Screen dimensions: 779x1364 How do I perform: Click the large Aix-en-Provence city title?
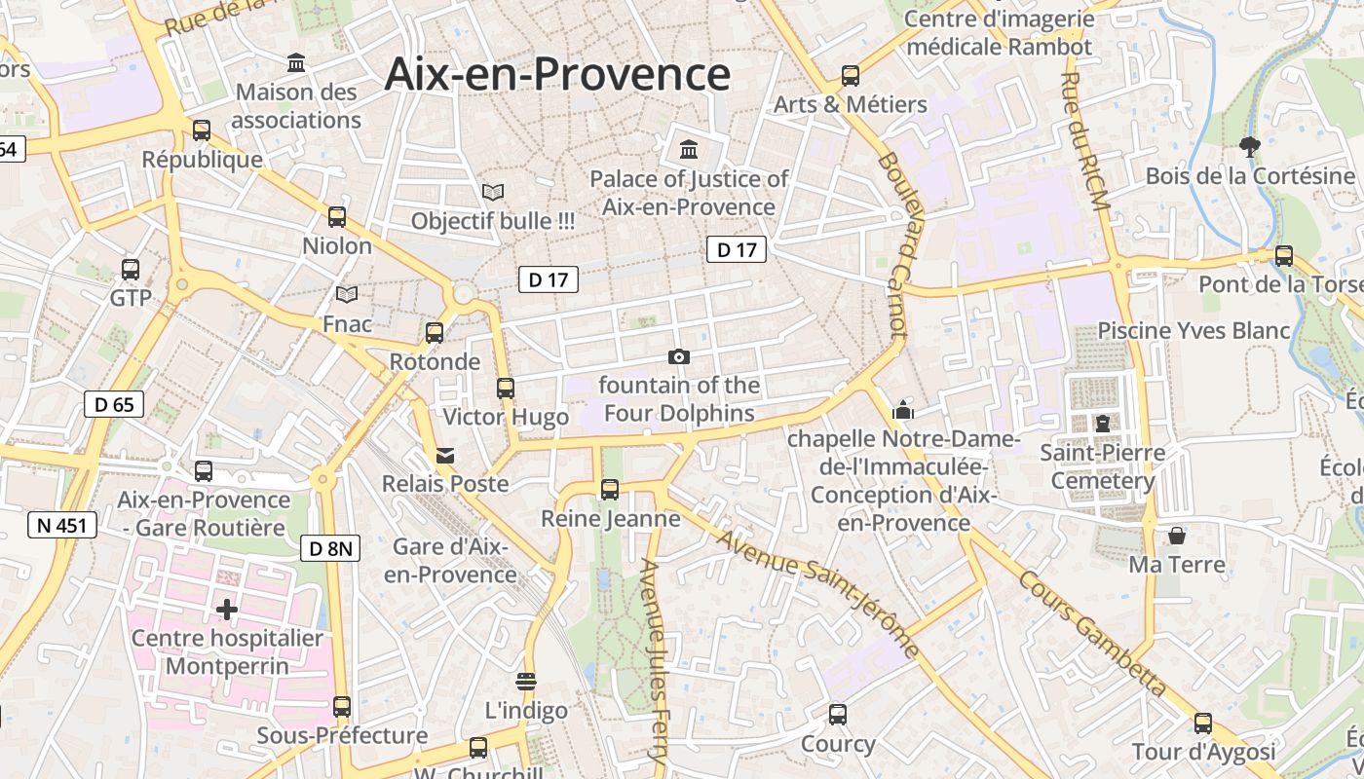pos(556,75)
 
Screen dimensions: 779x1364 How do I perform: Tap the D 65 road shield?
pos(114,404)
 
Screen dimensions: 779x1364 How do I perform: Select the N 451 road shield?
pos(62,526)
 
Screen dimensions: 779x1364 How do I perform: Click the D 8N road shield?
pos(330,548)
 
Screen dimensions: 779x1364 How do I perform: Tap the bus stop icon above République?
pos(202,130)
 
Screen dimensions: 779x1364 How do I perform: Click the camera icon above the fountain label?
pos(679,357)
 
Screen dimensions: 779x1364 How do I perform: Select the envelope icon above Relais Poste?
pos(445,455)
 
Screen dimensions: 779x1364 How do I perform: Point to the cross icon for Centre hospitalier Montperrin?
pos(227,611)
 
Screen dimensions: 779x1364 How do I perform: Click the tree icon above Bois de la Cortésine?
pos(1250,147)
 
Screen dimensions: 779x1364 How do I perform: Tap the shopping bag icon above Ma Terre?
pos(1177,536)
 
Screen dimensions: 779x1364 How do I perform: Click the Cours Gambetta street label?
pos(1092,633)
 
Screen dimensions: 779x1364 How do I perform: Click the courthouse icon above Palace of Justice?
pos(689,150)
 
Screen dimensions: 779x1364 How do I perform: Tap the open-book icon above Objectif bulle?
pos(493,193)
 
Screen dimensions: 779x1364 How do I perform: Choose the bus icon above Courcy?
pos(838,716)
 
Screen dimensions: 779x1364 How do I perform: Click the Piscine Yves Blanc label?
pos(1193,331)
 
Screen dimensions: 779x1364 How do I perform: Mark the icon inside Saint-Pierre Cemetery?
pos(1102,424)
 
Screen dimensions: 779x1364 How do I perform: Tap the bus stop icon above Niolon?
pos(337,217)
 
